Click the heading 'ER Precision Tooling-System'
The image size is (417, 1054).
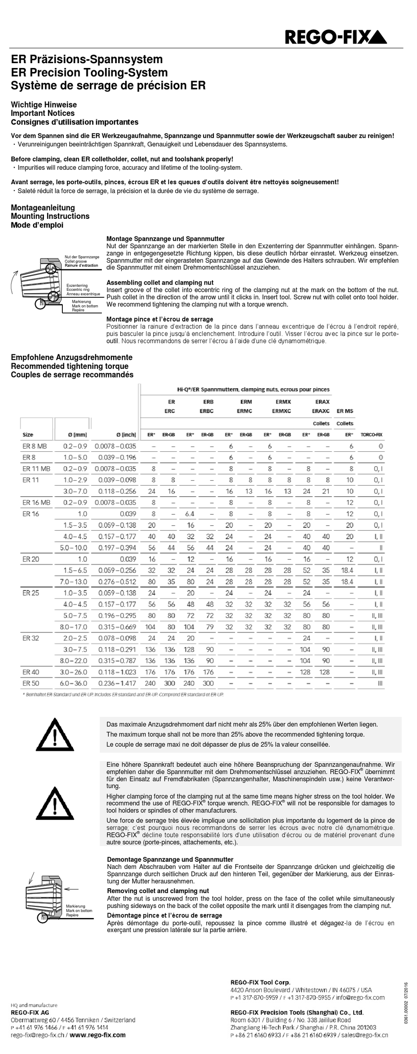(89, 72)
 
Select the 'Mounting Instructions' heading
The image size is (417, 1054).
(50, 216)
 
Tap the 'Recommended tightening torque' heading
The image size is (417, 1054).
(70, 366)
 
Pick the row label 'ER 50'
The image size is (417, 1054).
(30, 683)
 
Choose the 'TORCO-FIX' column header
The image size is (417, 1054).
(371, 435)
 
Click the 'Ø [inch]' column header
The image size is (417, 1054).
(126, 435)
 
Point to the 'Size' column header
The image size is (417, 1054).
(28, 435)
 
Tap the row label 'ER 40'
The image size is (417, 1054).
(31, 672)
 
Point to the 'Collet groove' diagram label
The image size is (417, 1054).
(75, 261)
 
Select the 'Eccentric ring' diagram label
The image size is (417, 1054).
(78, 289)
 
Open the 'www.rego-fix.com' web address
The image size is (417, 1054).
(97, 1035)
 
